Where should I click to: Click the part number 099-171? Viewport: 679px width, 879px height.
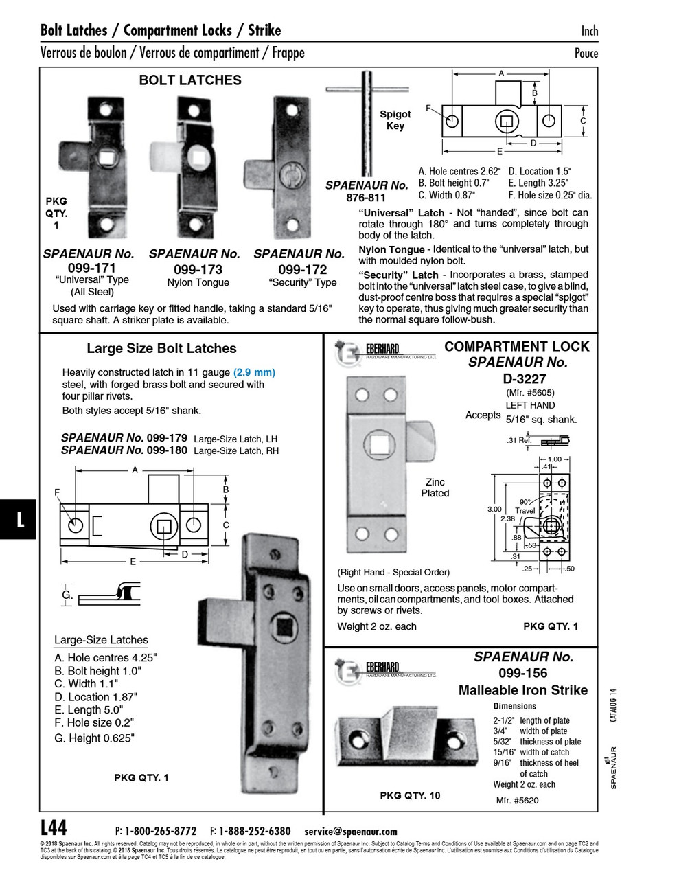click(x=91, y=268)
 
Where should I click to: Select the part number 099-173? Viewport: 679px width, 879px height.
click(x=198, y=269)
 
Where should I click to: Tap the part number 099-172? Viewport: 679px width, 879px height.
click(x=301, y=269)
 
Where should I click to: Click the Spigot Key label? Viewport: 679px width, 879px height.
click(x=395, y=120)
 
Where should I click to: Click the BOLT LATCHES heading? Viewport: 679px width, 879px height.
click(x=190, y=80)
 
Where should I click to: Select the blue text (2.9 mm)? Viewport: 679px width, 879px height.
click(x=254, y=372)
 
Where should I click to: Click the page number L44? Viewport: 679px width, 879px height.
click(x=54, y=826)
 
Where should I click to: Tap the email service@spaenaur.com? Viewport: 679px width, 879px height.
click(x=350, y=831)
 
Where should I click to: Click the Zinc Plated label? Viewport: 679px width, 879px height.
click(x=435, y=488)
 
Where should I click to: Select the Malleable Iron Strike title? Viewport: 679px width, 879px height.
click(x=522, y=690)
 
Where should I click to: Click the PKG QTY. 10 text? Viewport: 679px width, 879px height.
click(x=410, y=795)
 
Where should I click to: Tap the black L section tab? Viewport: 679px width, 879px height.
click(x=19, y=519)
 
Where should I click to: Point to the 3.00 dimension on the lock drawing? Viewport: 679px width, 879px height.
click(x=494, y=509)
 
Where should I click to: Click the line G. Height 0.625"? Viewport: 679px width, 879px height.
click(x=94, y=738)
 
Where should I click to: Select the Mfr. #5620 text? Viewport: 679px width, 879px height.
click(x=517, y=801)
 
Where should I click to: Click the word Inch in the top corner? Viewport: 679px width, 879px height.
click(x=589, y=31)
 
